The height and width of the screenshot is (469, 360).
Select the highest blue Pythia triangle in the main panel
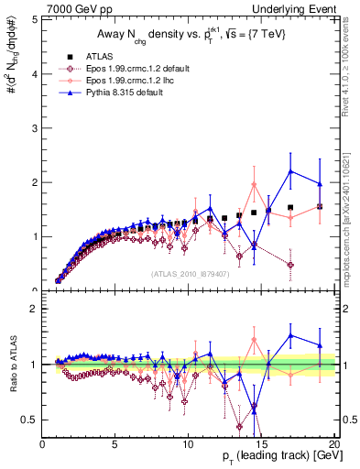click(290, 171)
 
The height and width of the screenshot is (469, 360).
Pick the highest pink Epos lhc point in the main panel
click(254, 184)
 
